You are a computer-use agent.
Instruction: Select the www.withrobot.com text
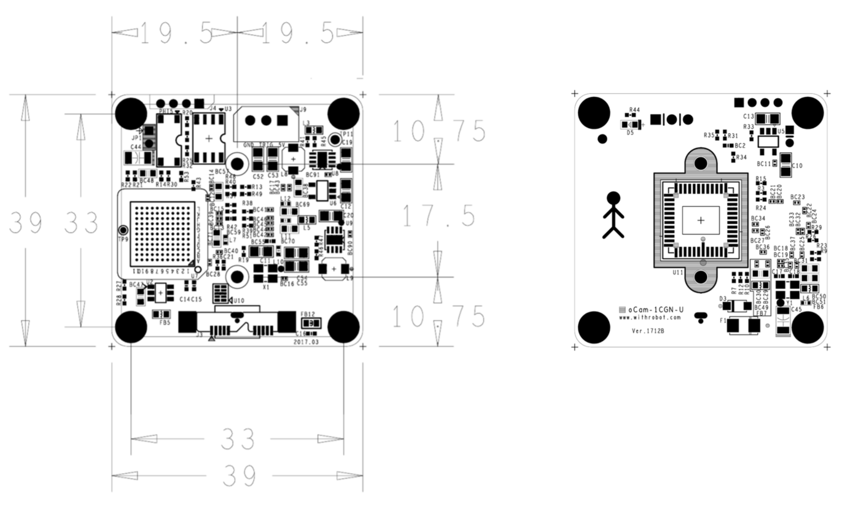[650, 318]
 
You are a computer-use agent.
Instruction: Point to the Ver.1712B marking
[648, 331]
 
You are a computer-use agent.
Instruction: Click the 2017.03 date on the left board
[307, 342]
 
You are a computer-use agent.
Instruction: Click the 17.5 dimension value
[438, 216]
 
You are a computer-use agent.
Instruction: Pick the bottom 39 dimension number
[239, 475]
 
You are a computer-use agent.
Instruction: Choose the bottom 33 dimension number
[238, 439]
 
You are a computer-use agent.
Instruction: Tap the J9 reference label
[303, 110]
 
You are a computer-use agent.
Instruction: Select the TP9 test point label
[123, 239]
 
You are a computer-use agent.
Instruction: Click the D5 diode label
[630, 132]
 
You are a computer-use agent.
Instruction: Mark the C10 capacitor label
[797, 166]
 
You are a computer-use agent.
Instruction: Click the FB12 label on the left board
[308, 314]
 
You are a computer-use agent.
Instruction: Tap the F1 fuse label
[723, 321]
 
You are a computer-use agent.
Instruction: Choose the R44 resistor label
[635, 110]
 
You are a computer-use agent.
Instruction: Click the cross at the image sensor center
[701, 220]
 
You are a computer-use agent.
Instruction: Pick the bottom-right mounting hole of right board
[807, 327]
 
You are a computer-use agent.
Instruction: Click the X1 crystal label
[266, 287]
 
